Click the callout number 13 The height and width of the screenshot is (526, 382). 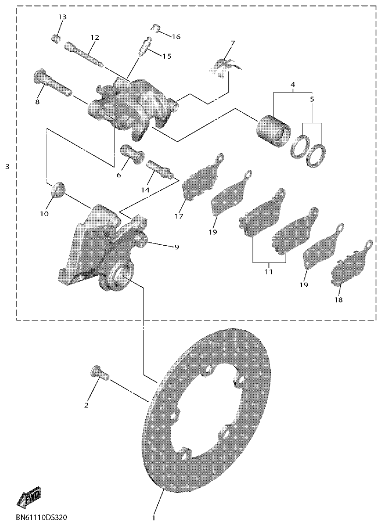tap(62, 17)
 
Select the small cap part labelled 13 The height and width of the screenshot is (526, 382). tap(56, 37)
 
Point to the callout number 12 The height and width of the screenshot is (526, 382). tap(95, 37)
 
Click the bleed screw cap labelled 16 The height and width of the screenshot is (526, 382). tap(155, 29)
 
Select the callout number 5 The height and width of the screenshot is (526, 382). tap(311, 99)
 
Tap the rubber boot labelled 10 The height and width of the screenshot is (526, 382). tap(57, 189)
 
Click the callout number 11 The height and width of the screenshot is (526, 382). tap(269, 272)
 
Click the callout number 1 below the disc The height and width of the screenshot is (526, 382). tap(154, 518)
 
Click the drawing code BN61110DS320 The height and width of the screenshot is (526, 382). tap(41, 518)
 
